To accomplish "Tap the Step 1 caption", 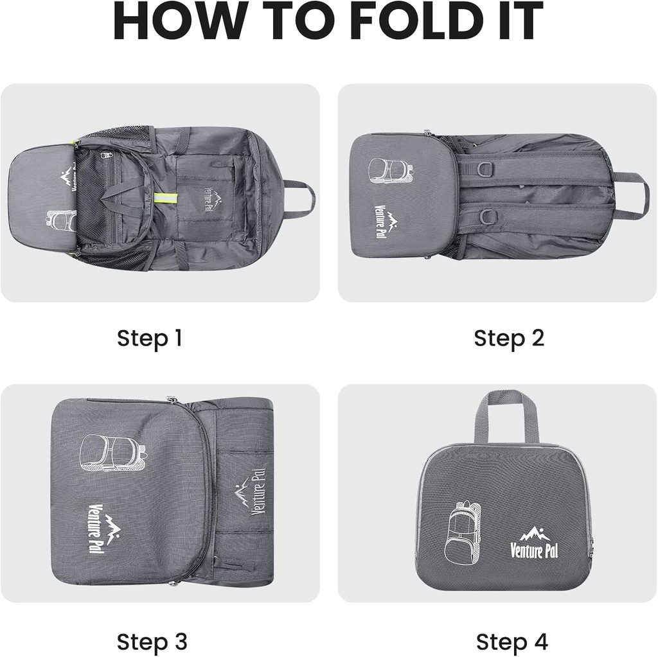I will pyautogui.click(x=149, y=338).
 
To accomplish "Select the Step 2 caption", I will pyautogui.click(x=508, y=338).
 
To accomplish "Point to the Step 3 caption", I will pyautogui.click(x=152, y=641).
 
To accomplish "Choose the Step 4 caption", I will pyautogui.click(x=511, y=641).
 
